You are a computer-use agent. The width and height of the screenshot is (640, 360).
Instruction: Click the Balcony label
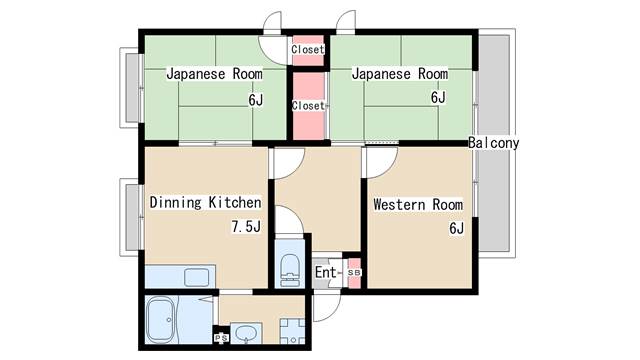click(x=493, y=143)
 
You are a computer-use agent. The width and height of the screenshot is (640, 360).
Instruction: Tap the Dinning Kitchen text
click(x=205, y=202)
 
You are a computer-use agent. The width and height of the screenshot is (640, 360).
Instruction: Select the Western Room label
click(x=418, y=204)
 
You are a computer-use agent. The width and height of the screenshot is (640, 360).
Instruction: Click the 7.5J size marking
click(x=246, y=227)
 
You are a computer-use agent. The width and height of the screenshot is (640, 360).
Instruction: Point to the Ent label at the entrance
click(x=326, y=272)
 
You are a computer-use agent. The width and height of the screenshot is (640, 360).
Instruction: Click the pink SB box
click(x=354, y=273)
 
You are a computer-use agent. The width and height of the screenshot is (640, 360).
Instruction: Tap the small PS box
click(x=222, y=338)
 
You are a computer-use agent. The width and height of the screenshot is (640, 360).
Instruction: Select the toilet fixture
click(x=290, y=270)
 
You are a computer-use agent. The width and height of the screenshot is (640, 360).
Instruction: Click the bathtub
click(x=163, y=320)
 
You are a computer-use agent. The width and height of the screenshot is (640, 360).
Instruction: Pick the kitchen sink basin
click(x=196, y=278)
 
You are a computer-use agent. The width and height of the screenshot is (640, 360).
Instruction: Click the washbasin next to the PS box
click(x=245, y=333)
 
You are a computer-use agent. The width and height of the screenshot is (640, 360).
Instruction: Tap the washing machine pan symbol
click(x=292, y=331)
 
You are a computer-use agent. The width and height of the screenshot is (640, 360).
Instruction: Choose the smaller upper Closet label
click(x=308, y=49)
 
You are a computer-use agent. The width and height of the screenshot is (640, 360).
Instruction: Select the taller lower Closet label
click(x=309, y=106)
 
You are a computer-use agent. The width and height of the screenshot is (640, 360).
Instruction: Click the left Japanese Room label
click(x=214, y=74)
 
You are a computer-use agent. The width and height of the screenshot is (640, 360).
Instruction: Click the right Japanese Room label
click(x=400, y=74)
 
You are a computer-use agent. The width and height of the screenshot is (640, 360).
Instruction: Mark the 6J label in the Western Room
click(x=456, y=228)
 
